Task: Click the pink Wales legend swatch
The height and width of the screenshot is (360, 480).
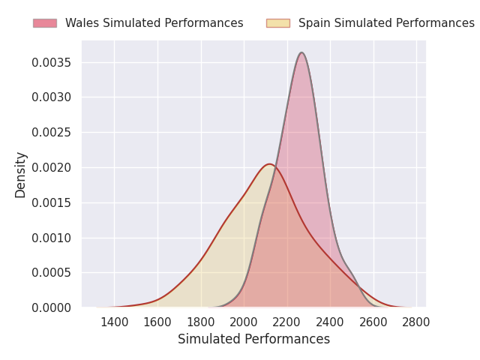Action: (x=45, y=23)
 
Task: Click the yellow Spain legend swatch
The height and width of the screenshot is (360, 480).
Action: (x=278, y=23)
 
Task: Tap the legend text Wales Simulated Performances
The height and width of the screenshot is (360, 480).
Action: (x=154, y=23)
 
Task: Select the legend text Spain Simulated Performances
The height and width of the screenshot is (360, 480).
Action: (x=387, y=23)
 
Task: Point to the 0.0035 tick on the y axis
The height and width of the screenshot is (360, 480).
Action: (x=52, y=63)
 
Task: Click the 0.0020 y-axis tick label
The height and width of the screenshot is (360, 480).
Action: (x=52, y=168)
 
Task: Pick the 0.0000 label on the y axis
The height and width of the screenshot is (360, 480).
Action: (x=52, y=307)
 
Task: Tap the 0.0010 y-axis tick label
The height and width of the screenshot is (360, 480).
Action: (x=52, y=238)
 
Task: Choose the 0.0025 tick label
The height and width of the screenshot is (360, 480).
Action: (x=52, y=133)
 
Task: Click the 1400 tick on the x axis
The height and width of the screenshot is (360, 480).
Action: (x=115, y=322)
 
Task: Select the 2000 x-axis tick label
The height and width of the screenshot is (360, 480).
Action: (x=244, y=322)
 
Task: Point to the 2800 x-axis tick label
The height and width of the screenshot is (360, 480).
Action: (x=416, y=322)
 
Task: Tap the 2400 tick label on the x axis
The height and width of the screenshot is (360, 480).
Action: (x=330, y=322)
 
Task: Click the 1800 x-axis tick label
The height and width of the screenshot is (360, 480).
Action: (x=201, y=322)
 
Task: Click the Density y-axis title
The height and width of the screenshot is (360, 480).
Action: (x=20, y=175)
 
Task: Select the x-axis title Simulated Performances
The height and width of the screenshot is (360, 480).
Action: (x=254, y=339)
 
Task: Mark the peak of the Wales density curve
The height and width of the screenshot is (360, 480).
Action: (x=301, y=52)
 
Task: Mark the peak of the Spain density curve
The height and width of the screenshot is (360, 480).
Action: (x=269, y=164)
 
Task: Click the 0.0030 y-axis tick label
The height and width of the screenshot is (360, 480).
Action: (x=52, y=97)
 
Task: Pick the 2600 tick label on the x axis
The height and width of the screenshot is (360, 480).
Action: (x=373, y=322)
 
